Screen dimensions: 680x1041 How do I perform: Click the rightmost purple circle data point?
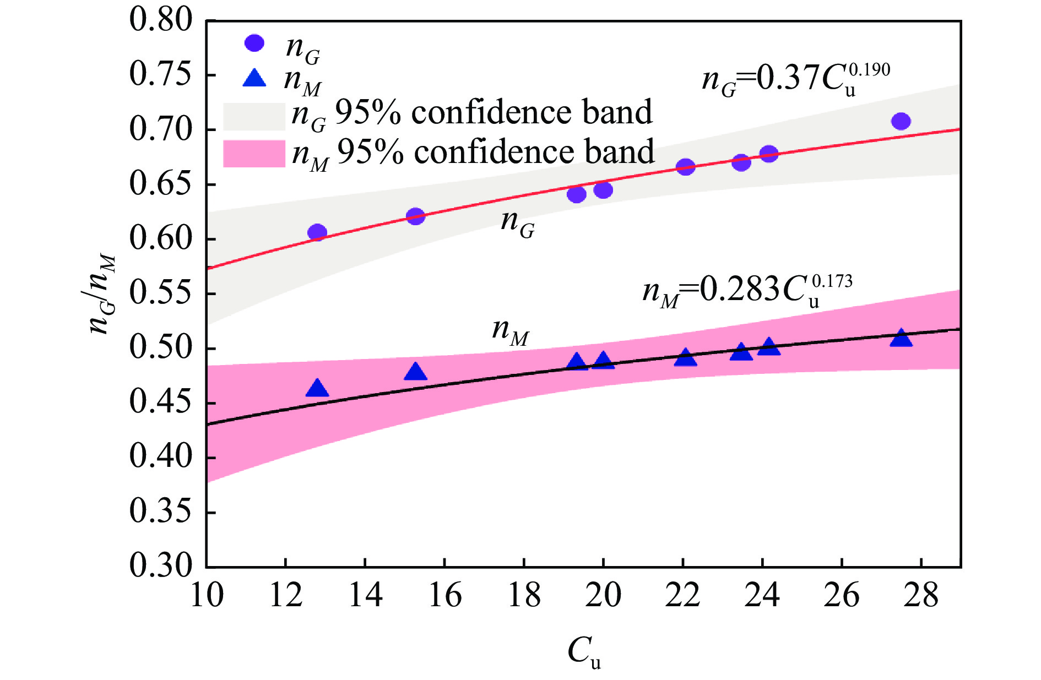(x=901, y=121)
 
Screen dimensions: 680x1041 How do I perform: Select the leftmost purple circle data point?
(x=317, y=232)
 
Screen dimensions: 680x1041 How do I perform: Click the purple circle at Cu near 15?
(x=416, y=216)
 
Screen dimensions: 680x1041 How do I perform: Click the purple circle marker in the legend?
(x=254, y=43)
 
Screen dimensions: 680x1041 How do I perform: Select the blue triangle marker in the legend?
(x=254, y=78)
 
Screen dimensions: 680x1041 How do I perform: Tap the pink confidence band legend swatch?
(x=254, y=154)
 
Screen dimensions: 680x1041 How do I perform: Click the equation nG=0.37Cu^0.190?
(x=795, y=80)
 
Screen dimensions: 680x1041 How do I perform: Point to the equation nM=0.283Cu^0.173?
(x=747, y=290)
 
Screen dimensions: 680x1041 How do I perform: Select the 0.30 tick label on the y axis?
(x=161, y=565)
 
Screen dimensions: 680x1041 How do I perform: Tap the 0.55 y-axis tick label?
(x=161, y=293)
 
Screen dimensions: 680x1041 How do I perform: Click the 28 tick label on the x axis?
(x=921, y=596)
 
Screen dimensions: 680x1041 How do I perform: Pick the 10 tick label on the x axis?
(x=207, y=596)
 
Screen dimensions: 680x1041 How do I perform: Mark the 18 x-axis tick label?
(x=524, y=596)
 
